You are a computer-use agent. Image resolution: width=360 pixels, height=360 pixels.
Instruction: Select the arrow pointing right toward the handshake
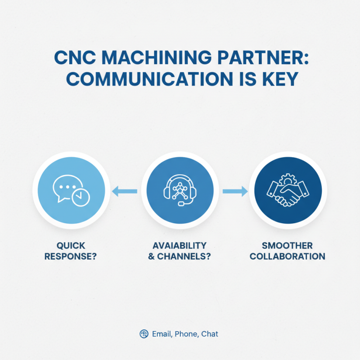point(235,192)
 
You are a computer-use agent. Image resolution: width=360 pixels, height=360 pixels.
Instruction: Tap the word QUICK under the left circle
point(71,246)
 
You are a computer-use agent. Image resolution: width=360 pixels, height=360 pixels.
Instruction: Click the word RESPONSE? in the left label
point(71,256)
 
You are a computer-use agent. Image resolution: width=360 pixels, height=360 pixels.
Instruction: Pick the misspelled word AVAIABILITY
point(180,246)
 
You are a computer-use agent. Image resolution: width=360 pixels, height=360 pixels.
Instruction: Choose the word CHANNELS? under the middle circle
point(185,256)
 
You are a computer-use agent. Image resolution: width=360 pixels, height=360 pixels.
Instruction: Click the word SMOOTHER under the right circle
point(288,246)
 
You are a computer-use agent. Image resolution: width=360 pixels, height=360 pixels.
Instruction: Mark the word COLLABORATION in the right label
point(288,256)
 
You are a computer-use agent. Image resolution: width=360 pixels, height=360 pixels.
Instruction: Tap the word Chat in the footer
point(210,334)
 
